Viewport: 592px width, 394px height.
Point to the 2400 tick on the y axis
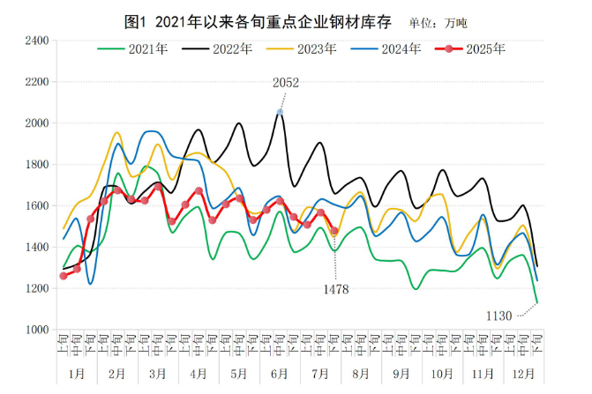[x=37, y=41]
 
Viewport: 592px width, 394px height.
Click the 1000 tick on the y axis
[x=37, y=330]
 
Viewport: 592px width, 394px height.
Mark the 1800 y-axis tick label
[x=37, y=165]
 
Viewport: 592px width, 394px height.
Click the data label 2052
[x=285, y=83]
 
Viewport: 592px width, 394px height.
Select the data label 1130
[x=499, y=315]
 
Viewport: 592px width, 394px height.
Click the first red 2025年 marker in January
[x=64, y=276]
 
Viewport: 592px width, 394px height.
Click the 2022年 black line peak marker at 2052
[x=281, y=112]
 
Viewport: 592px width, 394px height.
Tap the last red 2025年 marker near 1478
[x=334, y=231]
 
